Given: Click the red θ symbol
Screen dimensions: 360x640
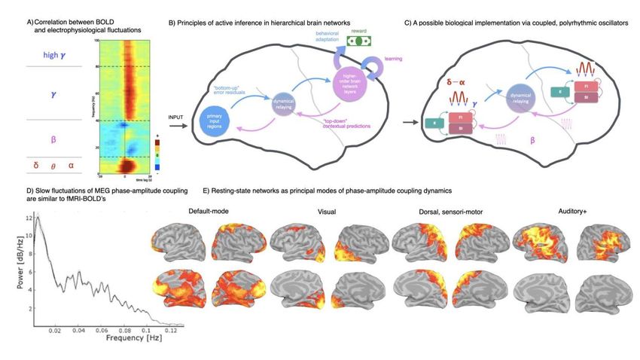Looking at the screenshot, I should [53, 163].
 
